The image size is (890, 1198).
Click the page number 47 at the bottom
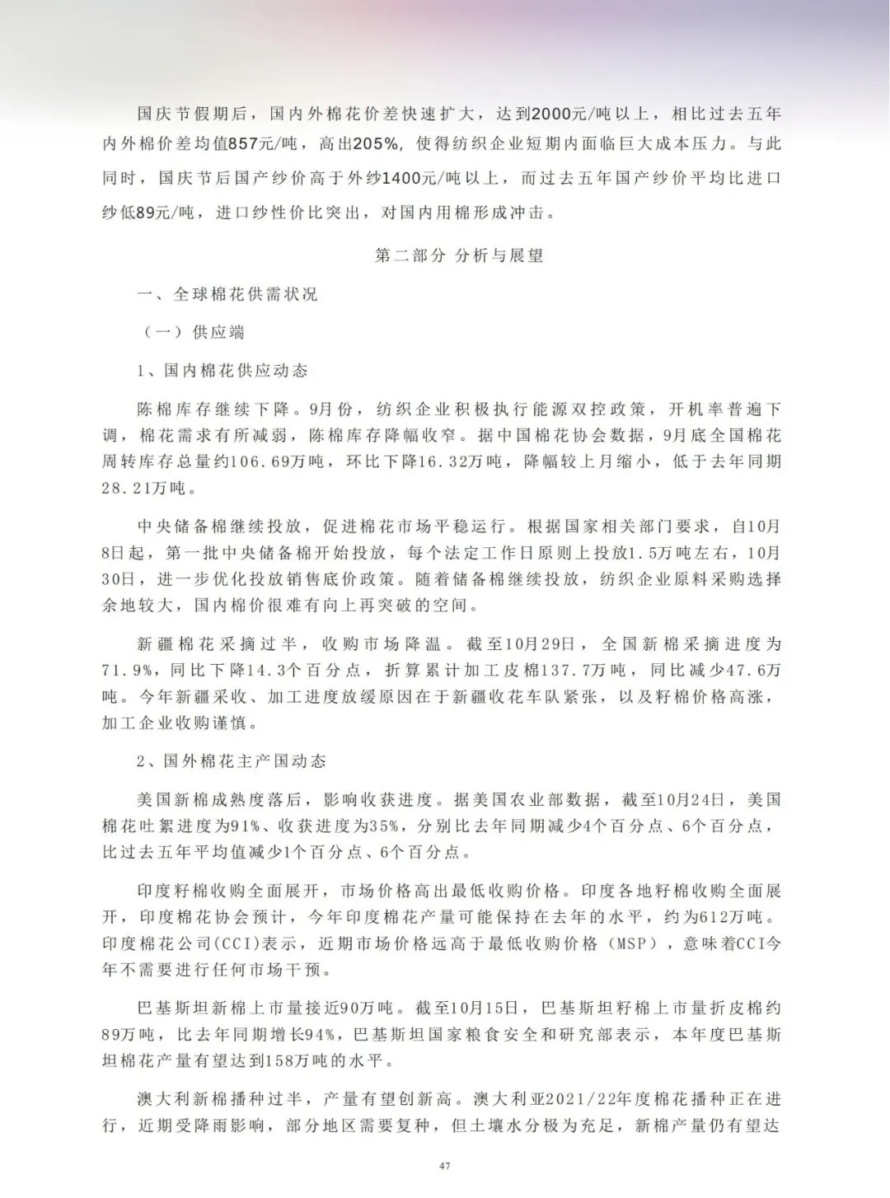click(x=445, y=1165)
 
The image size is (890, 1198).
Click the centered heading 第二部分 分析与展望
click(x=459, y=255)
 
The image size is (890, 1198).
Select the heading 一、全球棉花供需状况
click(x=227, y=294)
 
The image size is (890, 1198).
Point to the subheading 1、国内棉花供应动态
click(x=222, y=371)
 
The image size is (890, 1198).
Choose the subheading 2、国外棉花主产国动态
click(x=232, y=760)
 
